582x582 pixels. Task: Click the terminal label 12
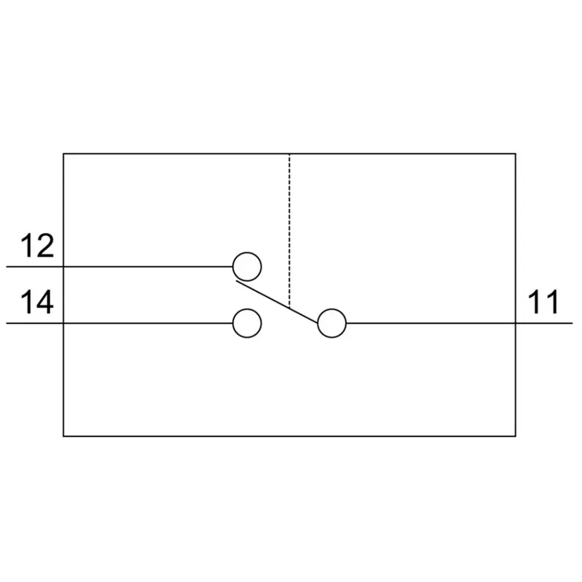pyautogui.click(x=37, y=246)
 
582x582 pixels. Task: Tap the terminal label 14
pyautogui.click(x=37, y=302)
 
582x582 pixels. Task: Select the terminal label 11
pyautogui.click(x=544, y=302)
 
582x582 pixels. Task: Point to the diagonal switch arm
pyautogui.click(x=277, y=302)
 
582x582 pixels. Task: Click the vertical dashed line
pyautogui.click(x=290, y=231)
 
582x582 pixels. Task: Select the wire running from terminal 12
pyautogui.click(x=120, y=266)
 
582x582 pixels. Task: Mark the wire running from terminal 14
pyautogui.click(x=120, y=323)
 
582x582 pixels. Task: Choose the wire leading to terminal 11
pyautogui.click(x=459, y=323)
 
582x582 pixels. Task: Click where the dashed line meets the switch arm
pyautogui.click(x=290, y=308)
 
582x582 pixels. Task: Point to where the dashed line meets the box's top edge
pyautogui.click(x=290, y=153)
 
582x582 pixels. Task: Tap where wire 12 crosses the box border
pyautogui.click(x=64, y=266)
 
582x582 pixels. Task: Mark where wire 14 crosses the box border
pyautogui.click(x=64, y=323)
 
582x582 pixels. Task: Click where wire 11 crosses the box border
pyautogui.click(x=516, y=323)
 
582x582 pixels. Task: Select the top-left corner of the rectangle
pyautogui.click(x=64, y=153)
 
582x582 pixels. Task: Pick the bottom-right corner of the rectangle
pyautogui.click(x=516, y=436)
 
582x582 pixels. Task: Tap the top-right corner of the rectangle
pyautogui.click(x=516, y=153)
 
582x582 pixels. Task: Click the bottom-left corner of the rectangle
pyautogui.click(x=64, y=436)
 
